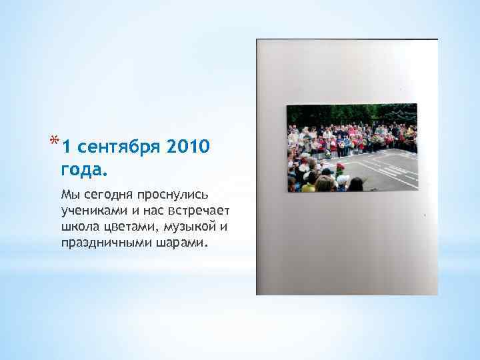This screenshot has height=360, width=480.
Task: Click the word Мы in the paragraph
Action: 68,195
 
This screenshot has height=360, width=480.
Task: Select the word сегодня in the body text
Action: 106,195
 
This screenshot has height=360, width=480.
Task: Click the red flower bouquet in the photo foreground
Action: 340,168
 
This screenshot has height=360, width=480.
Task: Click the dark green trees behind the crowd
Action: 347,114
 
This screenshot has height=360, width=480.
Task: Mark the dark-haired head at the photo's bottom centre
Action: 356,184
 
